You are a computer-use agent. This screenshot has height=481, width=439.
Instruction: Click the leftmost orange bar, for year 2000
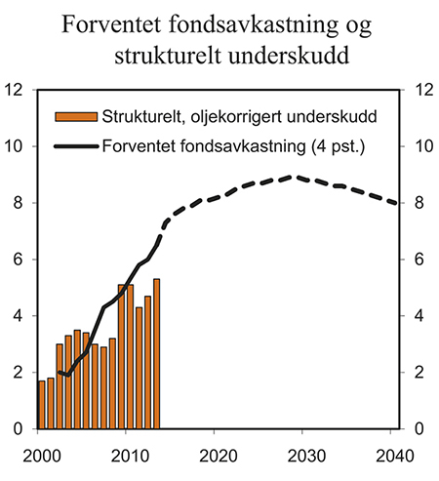(x=41, y=405)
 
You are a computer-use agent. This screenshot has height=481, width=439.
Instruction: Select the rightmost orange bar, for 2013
(x=156, y=354)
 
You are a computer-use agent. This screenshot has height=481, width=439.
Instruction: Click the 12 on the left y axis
(x=14, y=90)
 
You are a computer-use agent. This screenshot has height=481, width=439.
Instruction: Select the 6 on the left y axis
(x=19, y=260)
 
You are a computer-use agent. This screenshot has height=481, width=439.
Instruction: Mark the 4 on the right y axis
(x=419, y=316)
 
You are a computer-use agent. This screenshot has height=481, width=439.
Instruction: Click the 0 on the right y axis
(x=419, y=429)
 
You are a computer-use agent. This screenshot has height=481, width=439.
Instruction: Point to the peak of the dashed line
(x=293, y=177)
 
